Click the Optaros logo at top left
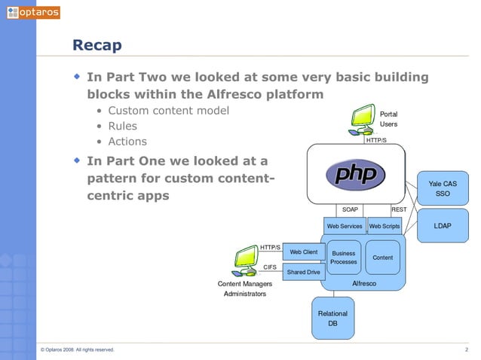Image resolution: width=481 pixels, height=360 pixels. click(x=32, y=13)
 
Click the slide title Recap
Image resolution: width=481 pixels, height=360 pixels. click(x=97, y=46)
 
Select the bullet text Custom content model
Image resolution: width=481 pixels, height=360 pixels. click(x=168, y=111)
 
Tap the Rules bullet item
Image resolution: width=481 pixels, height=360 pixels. click(x=122, y=127)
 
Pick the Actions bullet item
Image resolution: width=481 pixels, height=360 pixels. click(x=127, y=142)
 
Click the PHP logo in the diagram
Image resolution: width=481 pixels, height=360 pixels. click(x=355, y=175)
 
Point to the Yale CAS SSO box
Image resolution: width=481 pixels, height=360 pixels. click(x=443, y=188)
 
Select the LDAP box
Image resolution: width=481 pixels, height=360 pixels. click(x=443, y=225)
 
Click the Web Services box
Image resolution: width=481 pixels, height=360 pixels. click(x=344, y=226)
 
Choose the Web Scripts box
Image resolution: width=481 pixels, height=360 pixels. click(x=384, y=226)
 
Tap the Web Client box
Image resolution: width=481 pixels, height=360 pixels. click(x=304, y=252)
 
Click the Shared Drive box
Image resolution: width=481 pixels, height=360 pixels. click(x=304, y=272)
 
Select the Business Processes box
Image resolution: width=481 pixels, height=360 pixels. click(x=344, y=258)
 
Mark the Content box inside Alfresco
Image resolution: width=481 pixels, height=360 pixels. click(x=383, y=258)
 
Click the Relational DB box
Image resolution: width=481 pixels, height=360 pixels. click(x=332, y=318)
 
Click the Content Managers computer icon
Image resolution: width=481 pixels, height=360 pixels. click(x=246, y=261)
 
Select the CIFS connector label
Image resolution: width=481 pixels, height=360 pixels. click(x=270, y=267)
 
